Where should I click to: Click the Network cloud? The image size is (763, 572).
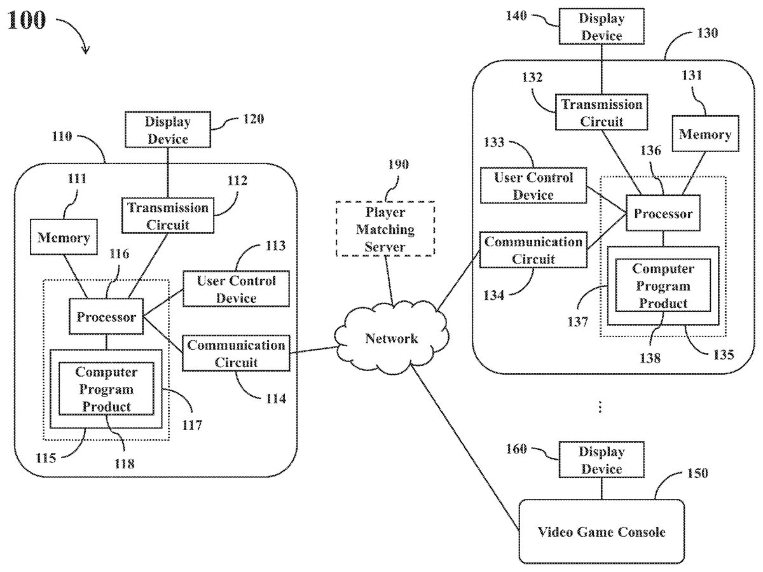pyautogui.click(x=392, y=338)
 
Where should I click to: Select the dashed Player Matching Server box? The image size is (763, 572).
pyautogui.click(x=385, y=228)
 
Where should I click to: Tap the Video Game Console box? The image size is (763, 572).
pyautogui.click(x=601, y=531)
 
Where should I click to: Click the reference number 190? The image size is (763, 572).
pyautogui.click(x=398, y=165)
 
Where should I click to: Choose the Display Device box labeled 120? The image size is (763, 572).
pyautogui.click(x=167, y=129)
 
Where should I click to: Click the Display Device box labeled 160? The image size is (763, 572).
pyautogui.click(x=601, y=460)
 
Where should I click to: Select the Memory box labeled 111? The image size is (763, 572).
pyautogui.click(x=64, y=238)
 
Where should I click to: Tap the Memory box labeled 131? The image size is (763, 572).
pyautogui.click(x=705, y=134)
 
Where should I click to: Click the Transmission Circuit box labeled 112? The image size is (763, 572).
pyautogui.click(x=168, y=216)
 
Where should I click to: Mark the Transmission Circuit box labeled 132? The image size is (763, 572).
pyautogui.click(x=601, y=112)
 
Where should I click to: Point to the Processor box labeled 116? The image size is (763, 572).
pyautogui.click(x=106, y=317)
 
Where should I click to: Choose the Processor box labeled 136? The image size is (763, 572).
pyautogui.click(x=663, y=214)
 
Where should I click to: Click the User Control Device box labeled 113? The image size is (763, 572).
pyautogui.click(x=236, y=289)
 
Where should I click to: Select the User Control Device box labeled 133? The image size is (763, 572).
pyautogui.click(x=533, y=185)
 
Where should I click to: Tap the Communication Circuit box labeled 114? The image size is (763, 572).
pyautogui.click(x=236, y=353)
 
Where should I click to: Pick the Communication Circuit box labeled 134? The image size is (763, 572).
pyautogui.click(x=533, y=250)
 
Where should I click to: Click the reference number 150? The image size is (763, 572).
pyautogui.click(x=697, y=474)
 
